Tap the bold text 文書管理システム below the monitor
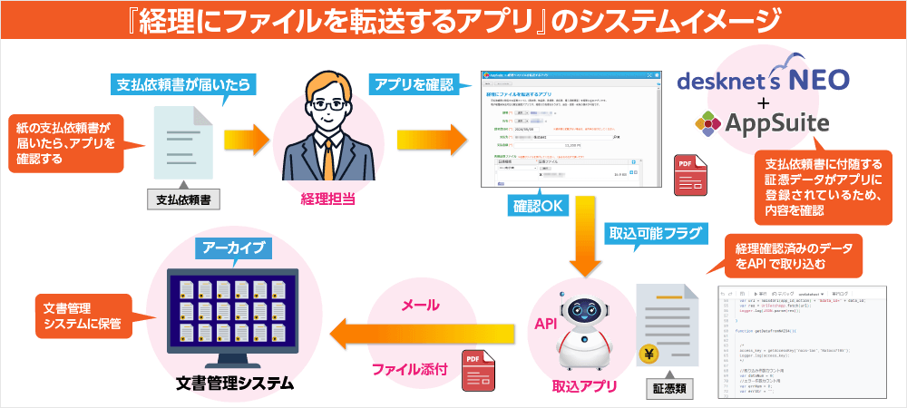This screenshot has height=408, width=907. pos(235,384)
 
